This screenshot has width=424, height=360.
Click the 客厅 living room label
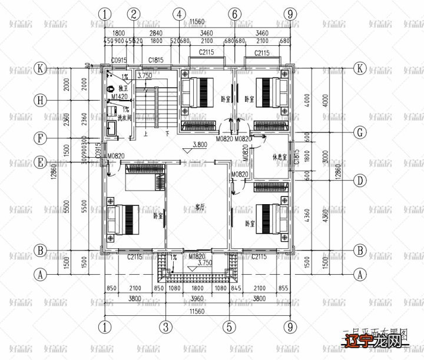pos(200,207)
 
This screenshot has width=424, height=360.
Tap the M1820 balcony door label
pos(197,257)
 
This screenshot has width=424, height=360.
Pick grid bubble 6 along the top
pos(234,14)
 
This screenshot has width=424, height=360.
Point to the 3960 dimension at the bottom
pos(197,298)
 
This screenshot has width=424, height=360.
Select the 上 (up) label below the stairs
pos(145,134)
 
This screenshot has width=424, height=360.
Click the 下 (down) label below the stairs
pos(167,134)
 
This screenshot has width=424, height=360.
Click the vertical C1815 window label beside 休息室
pos(298,157)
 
